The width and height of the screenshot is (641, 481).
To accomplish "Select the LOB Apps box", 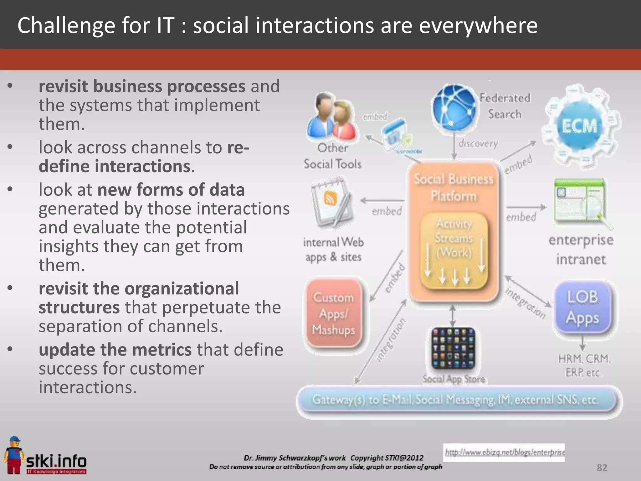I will (x=582, y=307).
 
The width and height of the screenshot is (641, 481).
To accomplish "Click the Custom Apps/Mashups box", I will (x=334, y=313).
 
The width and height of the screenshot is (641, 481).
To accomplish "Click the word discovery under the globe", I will (x=478, y=143).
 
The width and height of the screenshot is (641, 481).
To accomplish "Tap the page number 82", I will (x=602, y=468).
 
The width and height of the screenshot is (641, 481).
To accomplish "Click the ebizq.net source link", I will (x=505, y=452).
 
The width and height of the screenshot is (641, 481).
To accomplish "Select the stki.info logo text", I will (x=56, y=461).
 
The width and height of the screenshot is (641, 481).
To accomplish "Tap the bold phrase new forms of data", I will (x=171, y=190).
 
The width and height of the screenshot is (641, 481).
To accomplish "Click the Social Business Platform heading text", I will (x=454, y=187).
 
